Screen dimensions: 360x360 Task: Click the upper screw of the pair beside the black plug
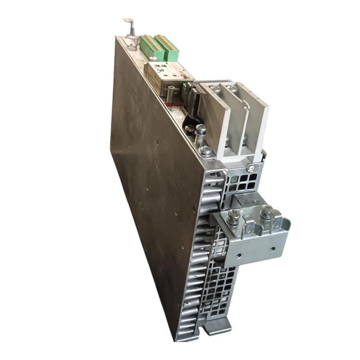coord(200,130)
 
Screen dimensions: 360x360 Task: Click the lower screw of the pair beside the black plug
coord(206,151)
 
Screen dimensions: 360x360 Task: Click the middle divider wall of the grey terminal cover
coord(236,120)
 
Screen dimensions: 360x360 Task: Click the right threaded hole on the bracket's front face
coord(272,249)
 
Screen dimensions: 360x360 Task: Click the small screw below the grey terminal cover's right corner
coord(250,169)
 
